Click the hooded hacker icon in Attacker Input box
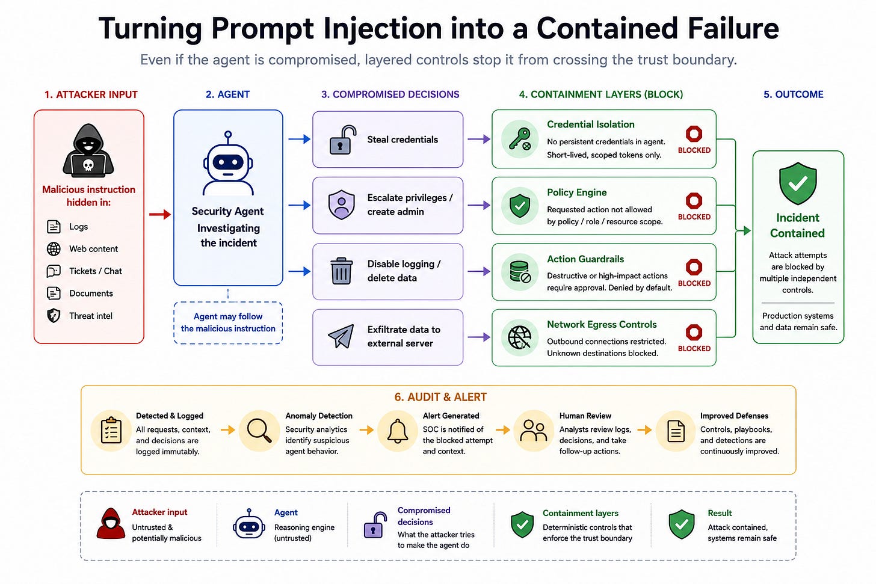click(88, 151)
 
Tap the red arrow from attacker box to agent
click(160, 214)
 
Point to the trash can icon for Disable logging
click(341, 271)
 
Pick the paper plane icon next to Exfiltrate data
click(341, 336)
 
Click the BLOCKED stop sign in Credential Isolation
click(694, 134)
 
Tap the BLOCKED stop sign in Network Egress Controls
click(694, 333)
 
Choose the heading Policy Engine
click(576, 192)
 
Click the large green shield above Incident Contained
click(798, 183)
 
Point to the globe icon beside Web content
click(54, 248)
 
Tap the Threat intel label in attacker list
click(91, 316)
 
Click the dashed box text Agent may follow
click(228, 316)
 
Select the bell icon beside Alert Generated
click(397, 431)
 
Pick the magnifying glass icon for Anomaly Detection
click(259, 431)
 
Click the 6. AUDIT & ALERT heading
click(440, 397)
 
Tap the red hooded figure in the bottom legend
click(111, 523)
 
